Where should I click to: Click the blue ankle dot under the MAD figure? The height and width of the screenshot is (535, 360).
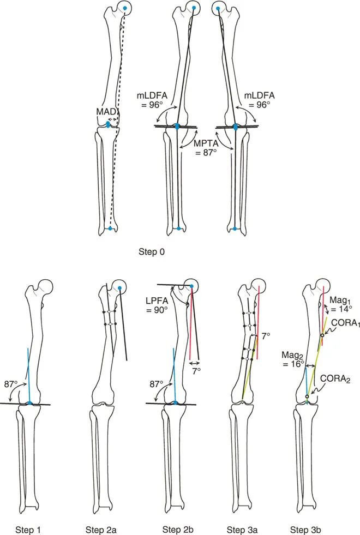pyautogui.click(x=110, y=229)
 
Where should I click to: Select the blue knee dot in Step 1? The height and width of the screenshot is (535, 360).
pyautogui.click(x=30, y=403)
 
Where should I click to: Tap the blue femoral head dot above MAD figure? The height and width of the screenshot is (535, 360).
pyautogui.click(x=126, y=8)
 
